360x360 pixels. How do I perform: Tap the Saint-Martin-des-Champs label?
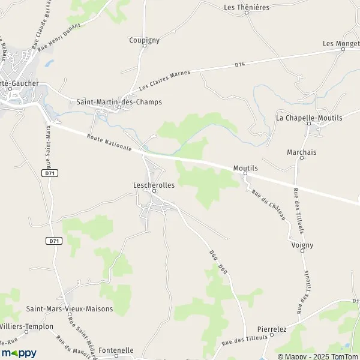(119, 102)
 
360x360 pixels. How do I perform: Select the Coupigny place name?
(144, 40)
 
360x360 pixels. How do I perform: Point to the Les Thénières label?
(246, 7)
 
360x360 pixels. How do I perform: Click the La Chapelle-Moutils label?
(309, 118)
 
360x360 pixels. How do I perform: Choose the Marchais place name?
(301, 152)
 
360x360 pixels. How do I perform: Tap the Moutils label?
(245, 169)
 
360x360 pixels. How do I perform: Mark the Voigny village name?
(302, 245)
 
